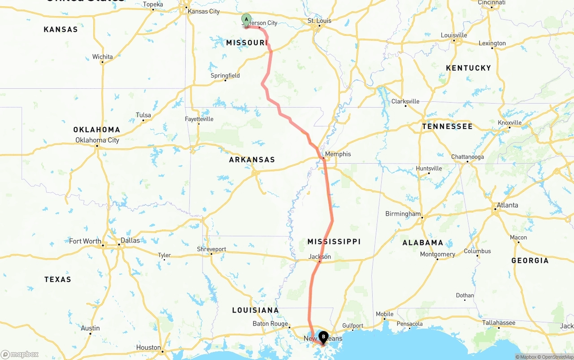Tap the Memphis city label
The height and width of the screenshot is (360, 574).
pos(338,154)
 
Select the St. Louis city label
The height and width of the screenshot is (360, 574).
pos(319,21)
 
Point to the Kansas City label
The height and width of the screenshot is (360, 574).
pos(204,11)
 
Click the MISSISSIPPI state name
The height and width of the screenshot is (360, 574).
pos(334,242)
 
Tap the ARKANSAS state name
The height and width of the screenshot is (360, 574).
pos(252,160)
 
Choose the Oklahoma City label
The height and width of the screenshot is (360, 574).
pos(97,140)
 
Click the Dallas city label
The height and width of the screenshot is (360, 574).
pos(130,240)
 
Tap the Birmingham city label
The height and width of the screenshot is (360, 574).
pos(403,214)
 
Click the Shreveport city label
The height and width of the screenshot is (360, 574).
pos(212,249)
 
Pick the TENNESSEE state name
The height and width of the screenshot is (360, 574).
pos(447,126)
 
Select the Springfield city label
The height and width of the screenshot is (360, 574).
pos(225,75)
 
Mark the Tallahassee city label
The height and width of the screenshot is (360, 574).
pos(498,323)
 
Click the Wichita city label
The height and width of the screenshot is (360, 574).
pos(102,56)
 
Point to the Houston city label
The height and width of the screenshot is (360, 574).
pos(148,347)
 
